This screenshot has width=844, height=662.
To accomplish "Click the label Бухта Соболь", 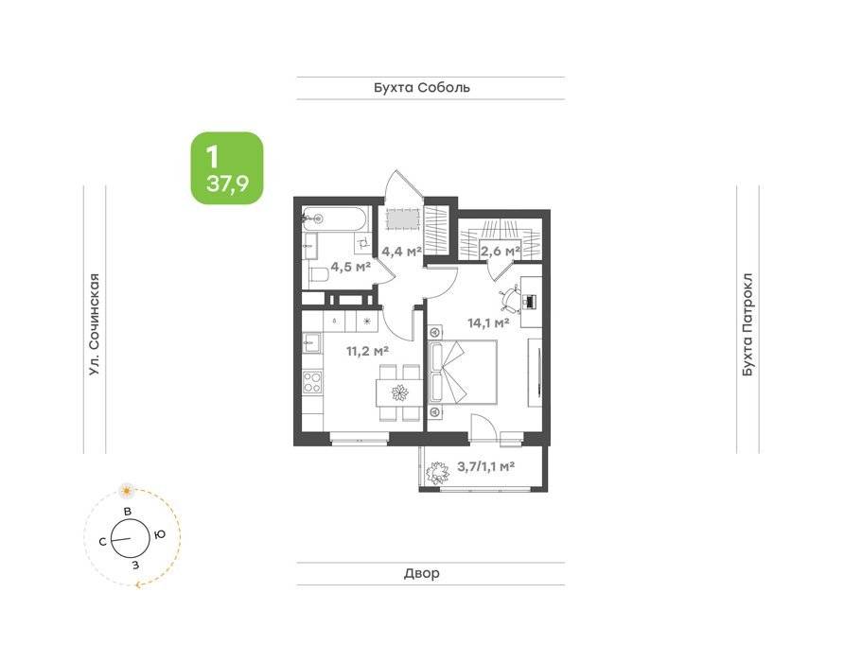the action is click(x=422, y=87).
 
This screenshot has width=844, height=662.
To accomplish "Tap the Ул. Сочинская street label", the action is click(x=95, y=324).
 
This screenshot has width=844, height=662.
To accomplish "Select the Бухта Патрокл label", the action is click(x=747, y=324).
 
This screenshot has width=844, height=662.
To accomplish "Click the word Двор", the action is click(x=421, y=573).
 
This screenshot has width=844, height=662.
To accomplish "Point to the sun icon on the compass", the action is click(x=127, y=490).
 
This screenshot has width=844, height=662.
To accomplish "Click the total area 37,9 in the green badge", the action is click(x=227, y=184).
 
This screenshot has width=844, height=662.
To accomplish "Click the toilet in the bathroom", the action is click(x=319, y=275).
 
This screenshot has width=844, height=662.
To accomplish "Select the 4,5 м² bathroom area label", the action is click(x=350, y=267).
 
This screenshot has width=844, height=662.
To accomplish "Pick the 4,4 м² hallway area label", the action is click(x=401, y=251).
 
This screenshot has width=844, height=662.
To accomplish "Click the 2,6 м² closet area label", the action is click(x=500, y=251).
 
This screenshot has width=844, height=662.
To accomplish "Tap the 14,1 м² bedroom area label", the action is click(x=488, y=322).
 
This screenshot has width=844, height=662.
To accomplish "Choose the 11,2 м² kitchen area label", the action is click(x=367, y=352).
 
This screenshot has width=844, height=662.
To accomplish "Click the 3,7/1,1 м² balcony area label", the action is click(x=485, y=466).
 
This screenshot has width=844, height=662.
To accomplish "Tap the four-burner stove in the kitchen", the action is click(x=312, y=381).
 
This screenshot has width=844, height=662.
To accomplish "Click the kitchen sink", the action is click(x=311, y=342).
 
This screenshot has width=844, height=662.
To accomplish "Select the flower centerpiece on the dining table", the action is click(x=399, y=392).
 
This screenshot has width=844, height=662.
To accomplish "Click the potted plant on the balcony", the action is click(x=437, y=473).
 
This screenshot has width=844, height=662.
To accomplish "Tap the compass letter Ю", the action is click(x=159, y=534).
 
